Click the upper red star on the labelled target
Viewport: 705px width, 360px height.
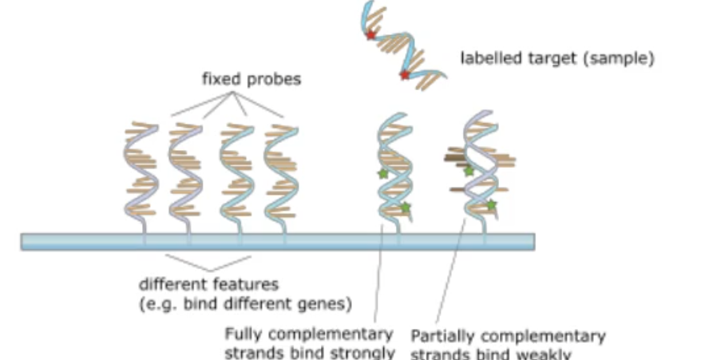(370, 35)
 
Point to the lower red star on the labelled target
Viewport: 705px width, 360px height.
(405, 75)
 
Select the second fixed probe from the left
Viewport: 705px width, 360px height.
(185, 172)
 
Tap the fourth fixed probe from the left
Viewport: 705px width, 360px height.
(280, 172)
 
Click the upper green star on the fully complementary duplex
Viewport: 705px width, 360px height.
(382, 173)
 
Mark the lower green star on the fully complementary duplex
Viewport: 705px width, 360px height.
(405, 208)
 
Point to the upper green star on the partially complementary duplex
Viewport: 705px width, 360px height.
(469, 171)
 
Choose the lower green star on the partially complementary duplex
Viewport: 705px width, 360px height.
(491, 205)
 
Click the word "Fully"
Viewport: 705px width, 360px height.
(241, 334)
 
